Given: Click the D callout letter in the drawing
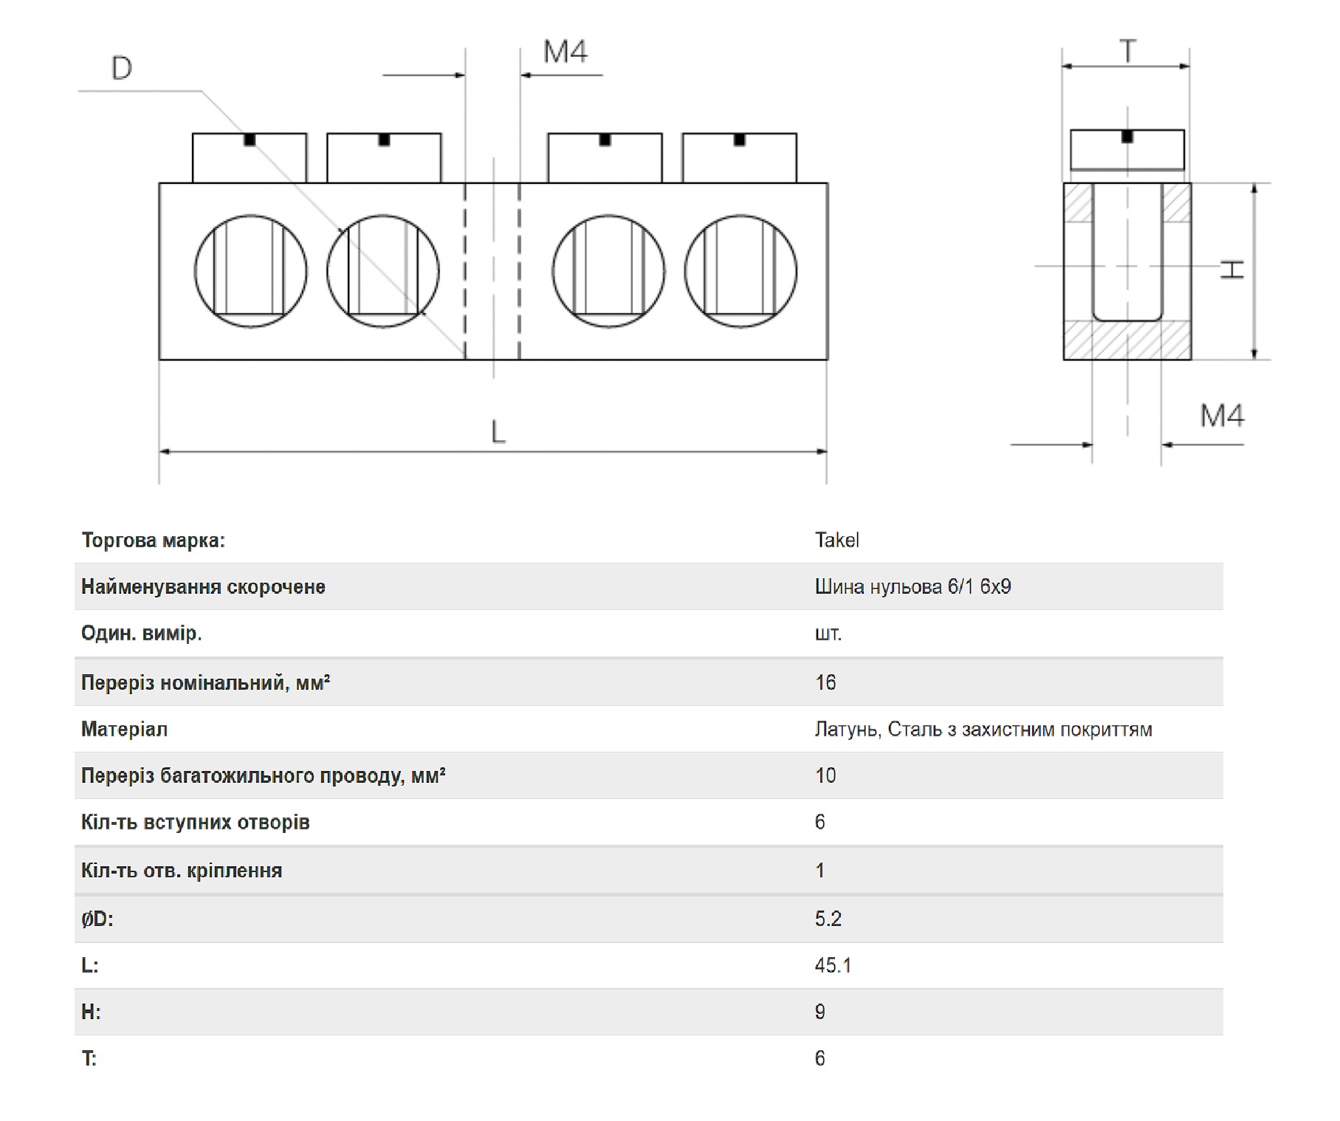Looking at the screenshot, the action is point(122,68).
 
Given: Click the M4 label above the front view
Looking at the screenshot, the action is point(566,52).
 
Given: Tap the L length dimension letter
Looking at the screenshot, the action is point(498,432).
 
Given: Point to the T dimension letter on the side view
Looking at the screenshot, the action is point(1127,52).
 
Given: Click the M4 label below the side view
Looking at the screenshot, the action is point(1222,416).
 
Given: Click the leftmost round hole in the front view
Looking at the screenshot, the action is point(250,271).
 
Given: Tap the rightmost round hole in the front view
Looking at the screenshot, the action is point(741,271).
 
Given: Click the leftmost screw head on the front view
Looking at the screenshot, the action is point(250,158).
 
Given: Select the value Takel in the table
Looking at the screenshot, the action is point(836,541).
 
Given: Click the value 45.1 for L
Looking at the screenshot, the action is point(833,965).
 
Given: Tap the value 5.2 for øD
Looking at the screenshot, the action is point(828,919).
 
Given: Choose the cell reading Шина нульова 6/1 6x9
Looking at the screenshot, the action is point(913,586).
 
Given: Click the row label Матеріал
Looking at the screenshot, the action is point(124,730).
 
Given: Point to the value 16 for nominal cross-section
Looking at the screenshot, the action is point(825,682).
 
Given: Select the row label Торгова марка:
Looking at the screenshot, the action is point(153,541).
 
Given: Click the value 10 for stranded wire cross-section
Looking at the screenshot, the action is point(825,775).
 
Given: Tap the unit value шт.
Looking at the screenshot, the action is point(828,634).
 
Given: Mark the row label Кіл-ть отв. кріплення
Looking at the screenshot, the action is point(182,871).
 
